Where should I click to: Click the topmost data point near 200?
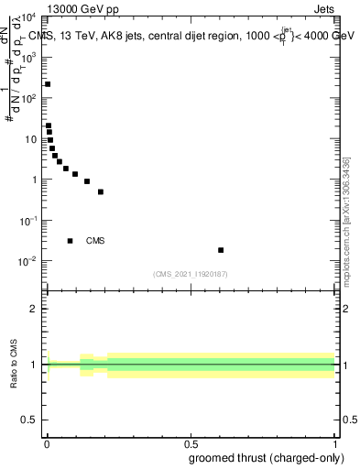[48, 84]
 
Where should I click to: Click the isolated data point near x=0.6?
[221, 250]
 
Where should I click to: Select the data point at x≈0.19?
[101, 191]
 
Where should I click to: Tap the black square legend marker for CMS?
[70, 241]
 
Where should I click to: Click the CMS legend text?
[95, 241]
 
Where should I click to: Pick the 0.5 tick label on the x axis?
[190, 444]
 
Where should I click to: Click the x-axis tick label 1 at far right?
[334, 444]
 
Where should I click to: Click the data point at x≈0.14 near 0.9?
[87, 181]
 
